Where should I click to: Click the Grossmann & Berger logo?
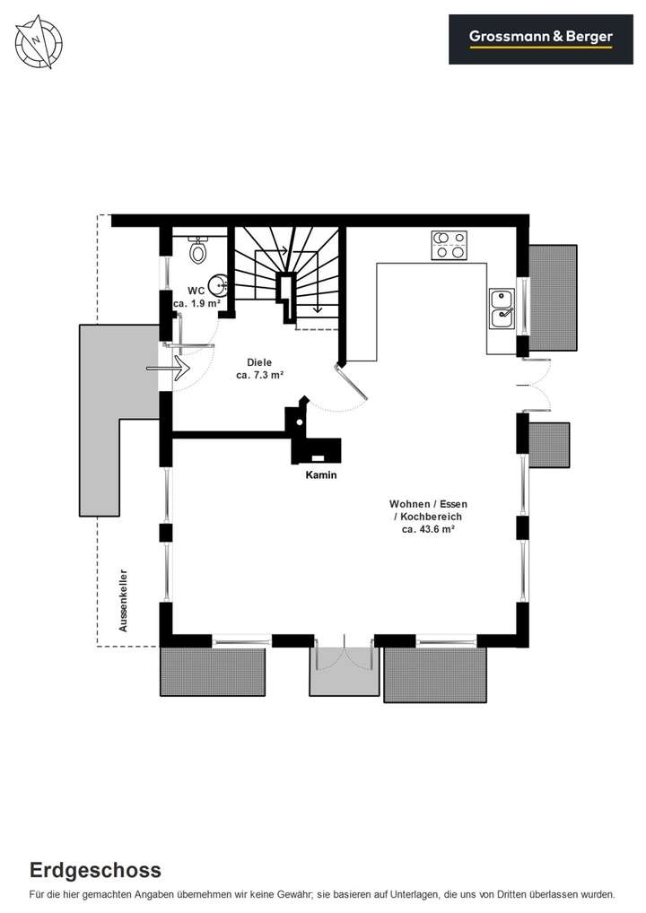point(540,38)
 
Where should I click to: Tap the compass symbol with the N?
point(37,40)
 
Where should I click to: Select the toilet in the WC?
point(198,251)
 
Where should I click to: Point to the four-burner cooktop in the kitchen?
point(450,245)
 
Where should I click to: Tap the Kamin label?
point(320,475)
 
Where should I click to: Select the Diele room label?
point(259,363)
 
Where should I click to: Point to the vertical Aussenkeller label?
point(124,601)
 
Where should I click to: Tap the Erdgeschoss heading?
point(95,869)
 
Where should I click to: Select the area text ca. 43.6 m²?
point(428,530)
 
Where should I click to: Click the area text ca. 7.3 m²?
point(260,376)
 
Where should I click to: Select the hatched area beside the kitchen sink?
point(553,297)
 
